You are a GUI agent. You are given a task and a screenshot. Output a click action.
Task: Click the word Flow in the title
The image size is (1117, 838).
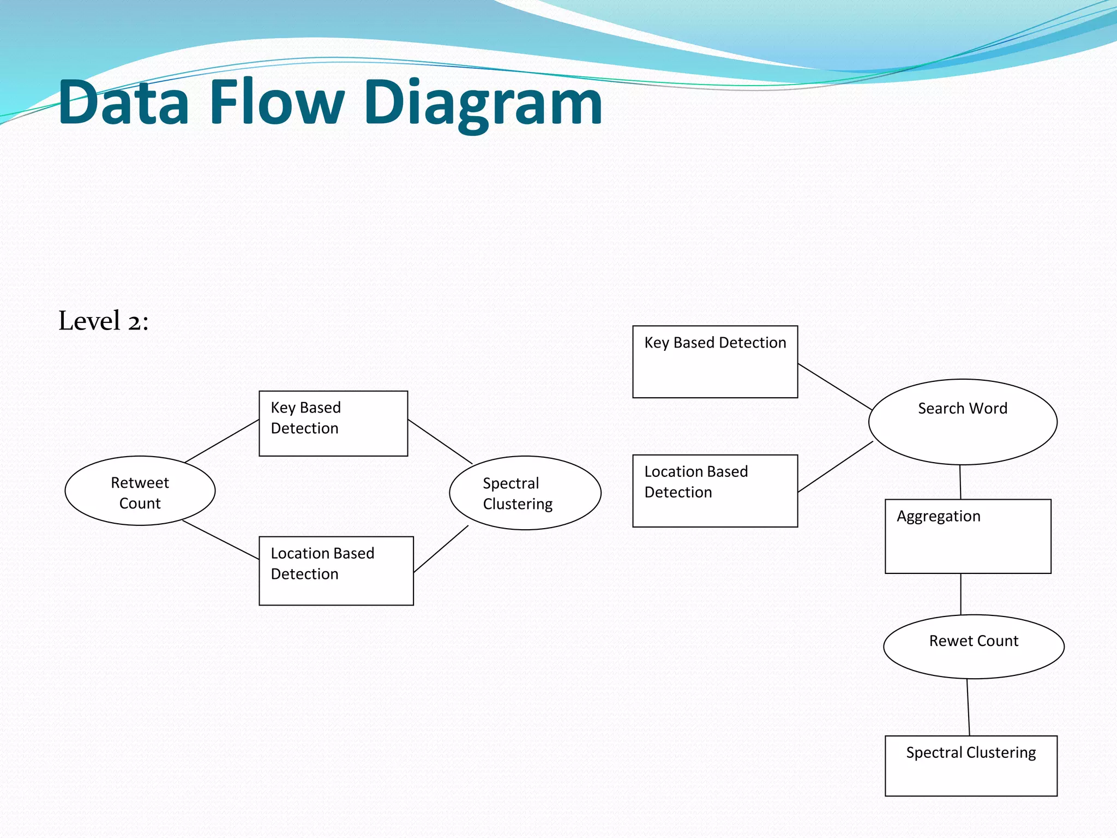pos(277,103)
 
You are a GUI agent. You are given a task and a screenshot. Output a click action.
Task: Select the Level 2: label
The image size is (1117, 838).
pos(104,321)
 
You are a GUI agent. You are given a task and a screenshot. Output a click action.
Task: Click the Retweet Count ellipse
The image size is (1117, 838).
pos(140,491)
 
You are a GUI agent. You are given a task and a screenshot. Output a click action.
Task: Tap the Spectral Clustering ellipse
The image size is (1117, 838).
pos(525,493)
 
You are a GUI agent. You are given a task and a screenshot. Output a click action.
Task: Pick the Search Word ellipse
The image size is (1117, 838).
pos(963,422)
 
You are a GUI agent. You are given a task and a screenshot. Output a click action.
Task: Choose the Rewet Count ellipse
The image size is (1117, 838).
pos(974,647)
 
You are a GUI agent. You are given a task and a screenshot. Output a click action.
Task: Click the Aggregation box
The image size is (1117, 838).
pos(968,536)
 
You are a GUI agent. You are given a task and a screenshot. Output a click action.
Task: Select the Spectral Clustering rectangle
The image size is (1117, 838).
pos(971,765)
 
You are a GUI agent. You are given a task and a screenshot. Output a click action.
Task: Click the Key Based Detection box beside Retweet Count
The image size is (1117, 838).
pos(333,423)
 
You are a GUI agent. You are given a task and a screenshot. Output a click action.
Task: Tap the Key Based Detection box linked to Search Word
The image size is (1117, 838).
pos(715,362)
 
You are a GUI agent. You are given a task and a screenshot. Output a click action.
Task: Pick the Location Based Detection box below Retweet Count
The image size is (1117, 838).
pos(336,571)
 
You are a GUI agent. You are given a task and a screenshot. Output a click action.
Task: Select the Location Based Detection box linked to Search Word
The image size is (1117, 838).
pos(715,491)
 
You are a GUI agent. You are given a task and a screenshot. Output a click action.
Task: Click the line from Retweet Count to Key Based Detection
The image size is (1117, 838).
pos(222,441)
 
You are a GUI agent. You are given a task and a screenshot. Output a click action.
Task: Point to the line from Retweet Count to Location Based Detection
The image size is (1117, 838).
pos(221,540)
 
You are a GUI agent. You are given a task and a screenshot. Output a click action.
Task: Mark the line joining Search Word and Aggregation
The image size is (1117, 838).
pos(960,482)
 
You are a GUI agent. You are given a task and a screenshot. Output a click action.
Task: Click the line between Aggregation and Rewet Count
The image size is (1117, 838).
pos(961,594)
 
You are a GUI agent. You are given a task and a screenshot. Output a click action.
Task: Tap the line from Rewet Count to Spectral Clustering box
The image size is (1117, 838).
pos(969,708)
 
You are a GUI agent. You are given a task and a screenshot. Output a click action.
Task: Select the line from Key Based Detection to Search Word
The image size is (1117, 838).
pos(834,386)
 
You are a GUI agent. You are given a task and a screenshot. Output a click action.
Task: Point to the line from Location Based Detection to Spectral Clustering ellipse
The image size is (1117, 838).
pos(441,549)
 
